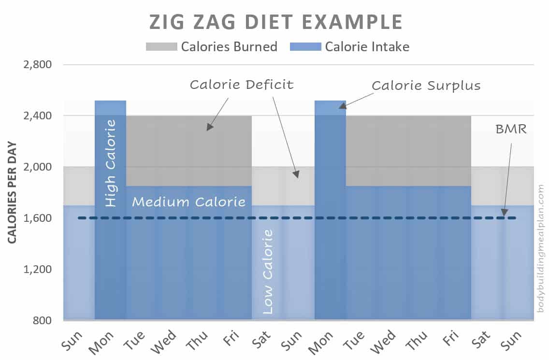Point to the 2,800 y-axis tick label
[38, 65]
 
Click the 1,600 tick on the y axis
[38, 218]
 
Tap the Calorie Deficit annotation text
[241, 85]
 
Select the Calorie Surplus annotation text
[426, 86]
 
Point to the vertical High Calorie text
[111, 163]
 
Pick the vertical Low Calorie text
[267, 272]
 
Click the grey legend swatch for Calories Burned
[161, 47]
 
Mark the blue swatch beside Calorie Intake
[305, 47]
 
